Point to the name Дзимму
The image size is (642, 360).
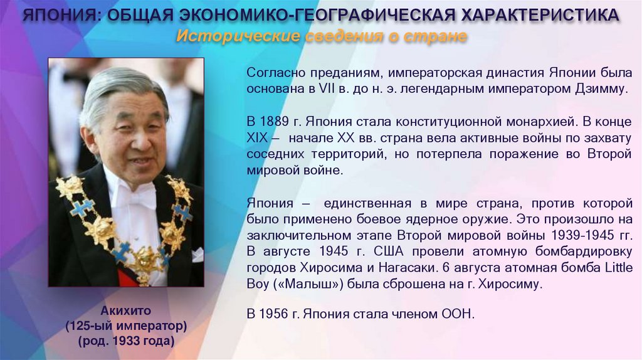600,88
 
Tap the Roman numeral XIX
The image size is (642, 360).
258,137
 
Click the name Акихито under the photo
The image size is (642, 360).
126,310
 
